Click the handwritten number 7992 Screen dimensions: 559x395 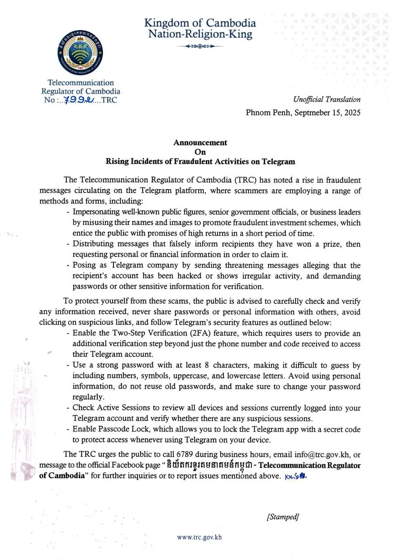click(x=78, y=100)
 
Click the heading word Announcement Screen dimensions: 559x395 click(x=200, y=142)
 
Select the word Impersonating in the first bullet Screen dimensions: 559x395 click(x=95, y=212)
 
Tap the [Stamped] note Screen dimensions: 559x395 click(x=282, y=517)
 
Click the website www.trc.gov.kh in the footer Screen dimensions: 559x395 click(x=199, y=537)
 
